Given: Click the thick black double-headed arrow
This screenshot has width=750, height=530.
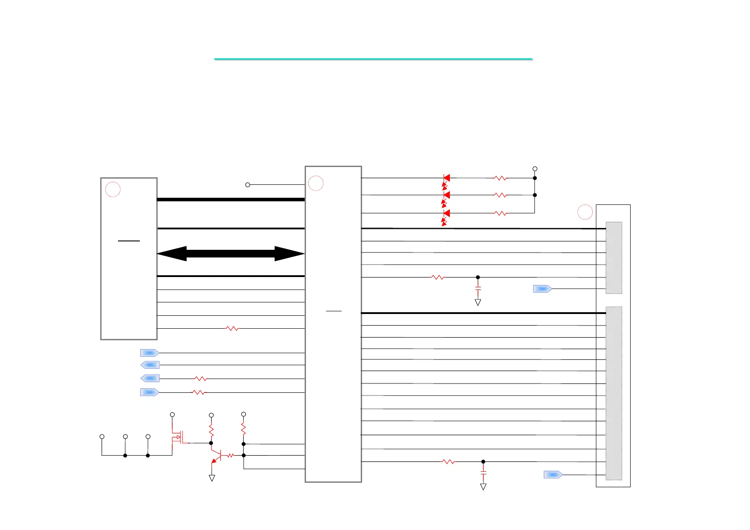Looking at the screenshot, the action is [231, 253].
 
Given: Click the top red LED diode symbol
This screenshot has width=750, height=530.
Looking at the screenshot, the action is [446, 178].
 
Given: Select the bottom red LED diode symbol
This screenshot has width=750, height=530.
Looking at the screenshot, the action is [446, 213].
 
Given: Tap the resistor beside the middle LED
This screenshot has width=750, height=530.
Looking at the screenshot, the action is [500, 195].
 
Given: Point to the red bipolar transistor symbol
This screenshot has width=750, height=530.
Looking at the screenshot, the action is [216, 456].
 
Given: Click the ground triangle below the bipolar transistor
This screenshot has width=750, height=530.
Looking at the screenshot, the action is [212, 478].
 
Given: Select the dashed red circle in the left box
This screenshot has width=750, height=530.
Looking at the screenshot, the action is [113, 189].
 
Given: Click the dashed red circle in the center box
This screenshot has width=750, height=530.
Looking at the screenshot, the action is [316, 183].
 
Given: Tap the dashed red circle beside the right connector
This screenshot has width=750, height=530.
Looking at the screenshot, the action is [585, 212].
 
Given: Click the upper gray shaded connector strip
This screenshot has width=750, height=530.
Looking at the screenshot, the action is [614, 257].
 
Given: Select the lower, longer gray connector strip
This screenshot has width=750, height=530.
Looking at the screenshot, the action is [614, 393].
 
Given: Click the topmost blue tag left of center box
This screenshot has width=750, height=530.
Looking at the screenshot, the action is [150, 353].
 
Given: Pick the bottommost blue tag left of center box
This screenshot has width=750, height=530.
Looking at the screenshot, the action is [150, 392].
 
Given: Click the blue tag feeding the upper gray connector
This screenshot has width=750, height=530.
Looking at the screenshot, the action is [542, 289].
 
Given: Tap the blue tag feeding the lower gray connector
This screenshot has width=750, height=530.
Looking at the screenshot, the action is [553, 475].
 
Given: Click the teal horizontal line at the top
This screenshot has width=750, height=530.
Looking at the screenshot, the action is [373, 59].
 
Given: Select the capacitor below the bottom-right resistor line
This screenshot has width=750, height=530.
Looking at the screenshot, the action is [483, 471].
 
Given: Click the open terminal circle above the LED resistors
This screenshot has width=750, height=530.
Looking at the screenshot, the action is [535, 169].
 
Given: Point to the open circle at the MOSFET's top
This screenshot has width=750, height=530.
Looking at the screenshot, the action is [172, 415].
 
